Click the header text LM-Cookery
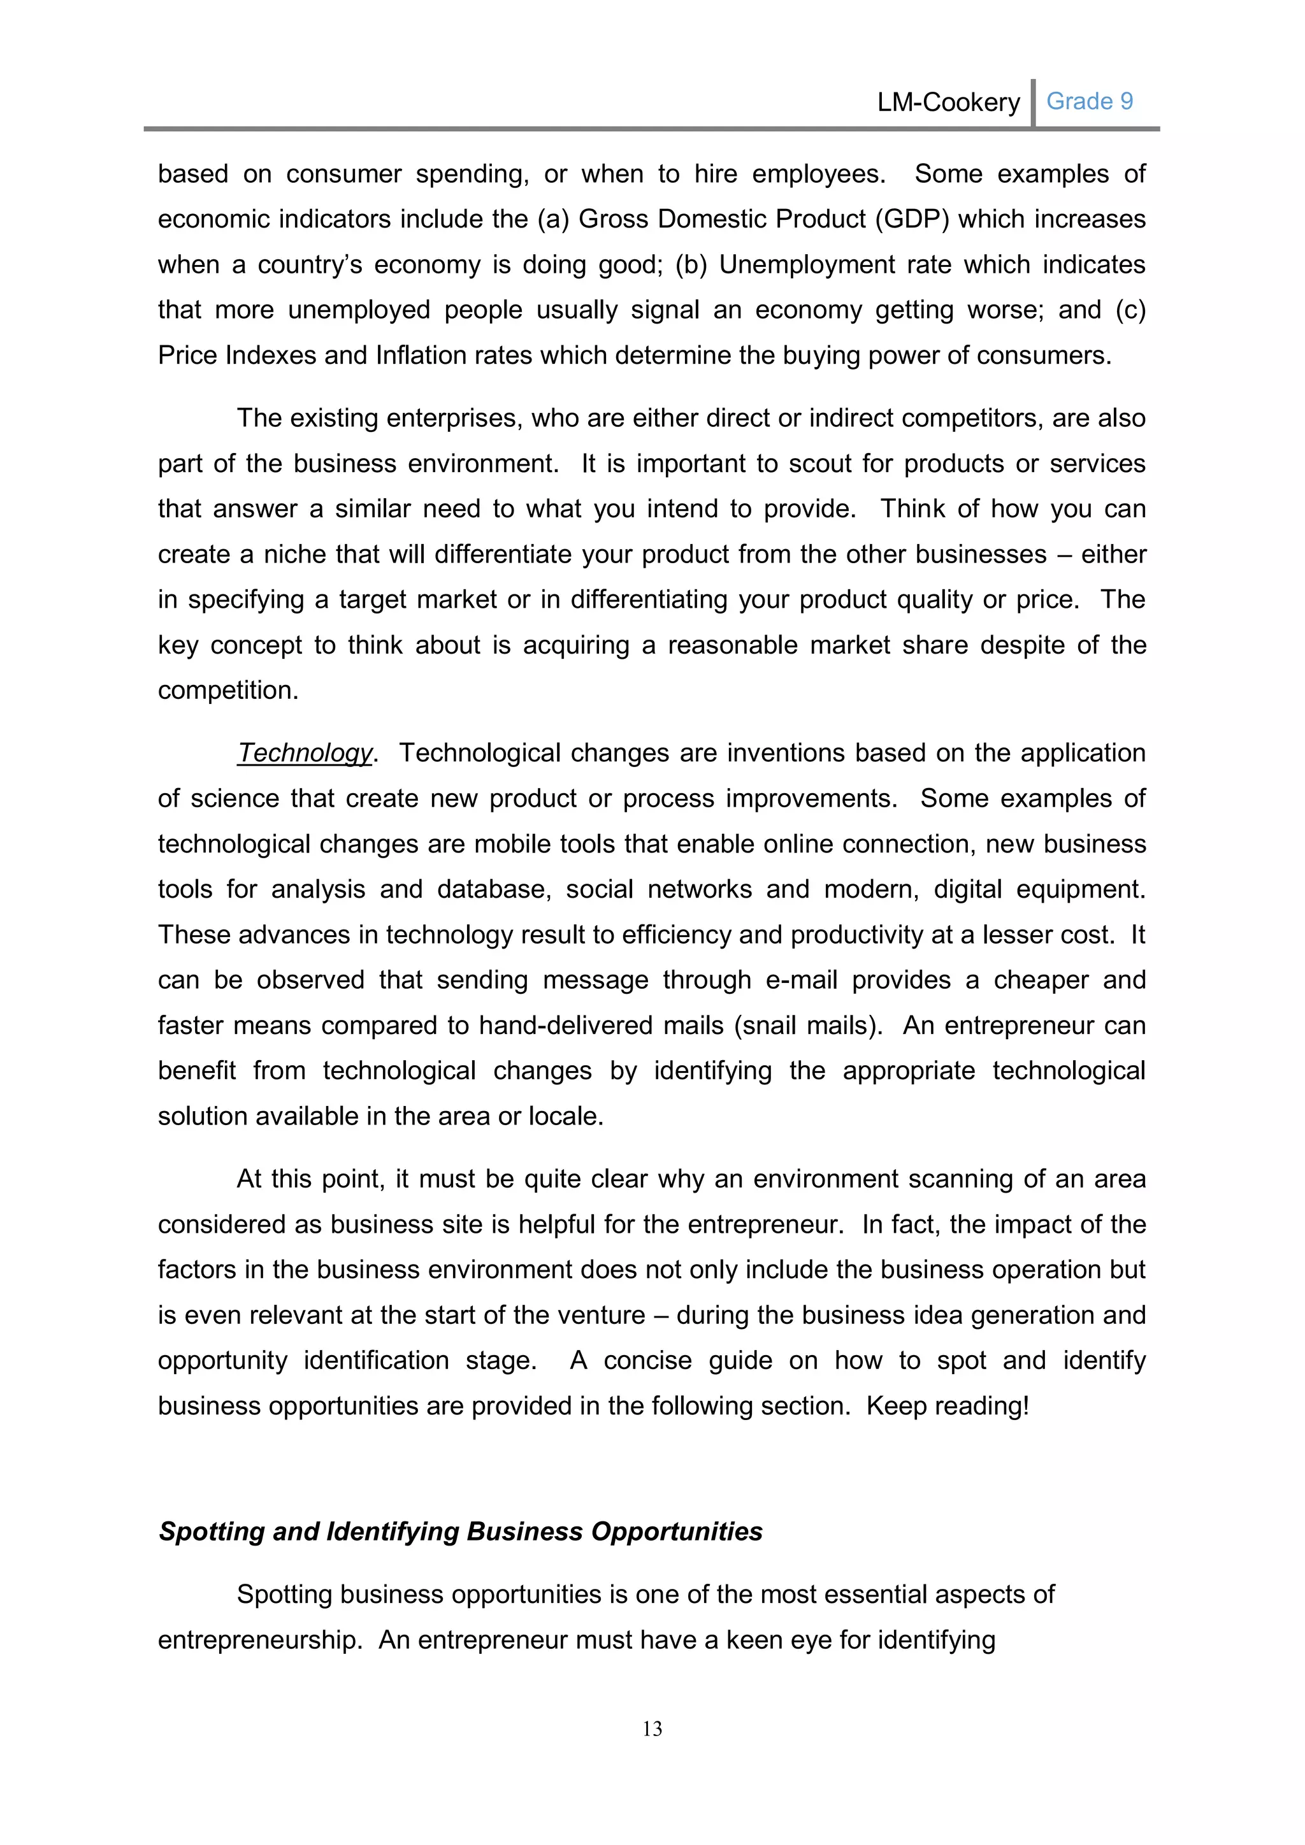(x=948, y=103)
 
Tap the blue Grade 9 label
(x=1089, y=101)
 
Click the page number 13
(x=652, y=1728)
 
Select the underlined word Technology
(x=305, y=753)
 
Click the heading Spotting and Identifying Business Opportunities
(x=461, y=1532)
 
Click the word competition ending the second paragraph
(x=227, y=690)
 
